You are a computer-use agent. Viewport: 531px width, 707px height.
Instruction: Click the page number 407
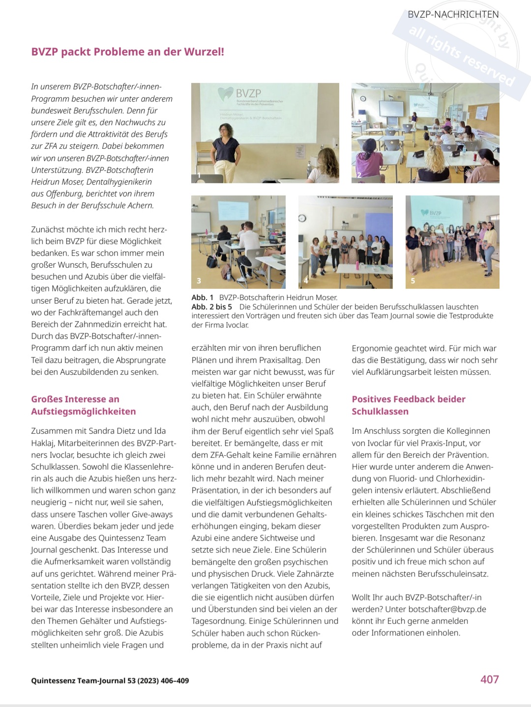[489, 679]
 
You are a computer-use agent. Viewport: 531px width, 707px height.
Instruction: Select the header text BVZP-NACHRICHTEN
[453, 15]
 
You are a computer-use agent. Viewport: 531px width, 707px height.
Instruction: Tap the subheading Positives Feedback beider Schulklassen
[408, 405]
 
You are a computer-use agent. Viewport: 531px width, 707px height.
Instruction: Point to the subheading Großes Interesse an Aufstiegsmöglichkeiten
[83, 405]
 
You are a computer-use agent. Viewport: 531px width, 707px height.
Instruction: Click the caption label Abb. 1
[202, 297]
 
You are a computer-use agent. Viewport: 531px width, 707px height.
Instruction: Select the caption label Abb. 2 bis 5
[211, 307]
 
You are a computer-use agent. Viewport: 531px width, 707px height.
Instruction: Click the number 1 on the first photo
[199, 175]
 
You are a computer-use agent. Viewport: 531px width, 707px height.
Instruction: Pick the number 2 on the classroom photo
[359, 175]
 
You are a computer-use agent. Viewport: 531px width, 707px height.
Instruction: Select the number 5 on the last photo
[413, 281]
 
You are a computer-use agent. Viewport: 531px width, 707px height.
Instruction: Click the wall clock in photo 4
[302, 218]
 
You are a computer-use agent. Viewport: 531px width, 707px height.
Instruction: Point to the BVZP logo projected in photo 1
[241, 93]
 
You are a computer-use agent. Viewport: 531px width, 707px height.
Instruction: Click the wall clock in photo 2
[363, 98]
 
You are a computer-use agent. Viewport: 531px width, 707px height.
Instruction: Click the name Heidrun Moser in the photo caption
[313, 297]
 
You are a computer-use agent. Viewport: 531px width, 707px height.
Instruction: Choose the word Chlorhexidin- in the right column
[460, 479]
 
